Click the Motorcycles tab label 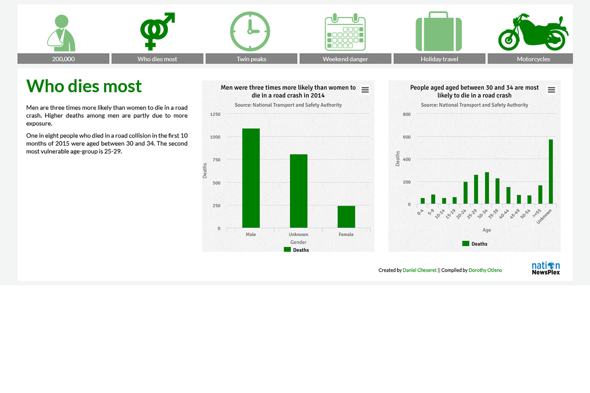(x=533, y=59)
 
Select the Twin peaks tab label (x=251, y=59)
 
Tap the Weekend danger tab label (x=345, y=59)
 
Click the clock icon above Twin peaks (x=250, y=31)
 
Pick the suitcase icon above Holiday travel (x=439, y=32)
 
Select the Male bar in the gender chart (x=251, y=178)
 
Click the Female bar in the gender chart (x=346, y=217)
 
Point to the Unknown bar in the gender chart (x=298, y=191)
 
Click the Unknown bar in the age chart (x=551, y=172)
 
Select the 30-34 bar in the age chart (x=487, y=188)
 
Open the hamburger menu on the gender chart (x=365, y=90)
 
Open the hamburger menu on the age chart (x=551, y=90)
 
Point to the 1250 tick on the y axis (x=215, y=114)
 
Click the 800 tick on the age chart (x=407, y=114)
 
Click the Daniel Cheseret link (x=419, y=270)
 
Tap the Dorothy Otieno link (x=485, y=270)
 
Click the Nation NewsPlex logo (x=546, y=268)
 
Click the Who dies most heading (x=84, y=86)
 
